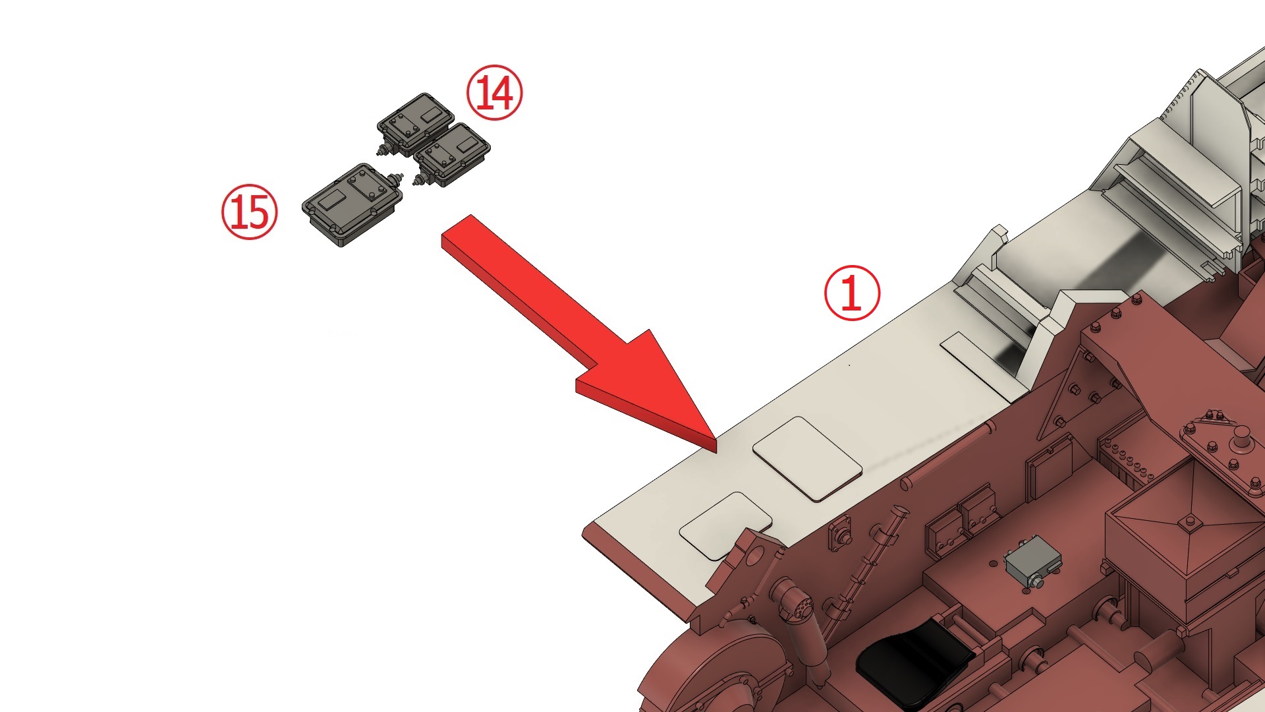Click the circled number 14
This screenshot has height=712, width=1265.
[494, 92]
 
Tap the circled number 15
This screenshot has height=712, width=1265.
[250, 212]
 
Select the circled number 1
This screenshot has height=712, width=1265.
[853, 293]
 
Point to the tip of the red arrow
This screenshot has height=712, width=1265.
[716, 452]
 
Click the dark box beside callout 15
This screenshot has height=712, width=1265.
[351, 204]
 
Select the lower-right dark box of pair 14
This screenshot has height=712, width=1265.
[452, 156]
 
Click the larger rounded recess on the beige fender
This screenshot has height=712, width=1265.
[807, 458]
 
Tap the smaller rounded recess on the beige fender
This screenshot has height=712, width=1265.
[725, 525]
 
